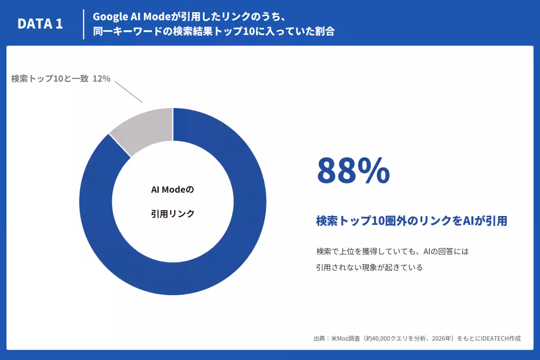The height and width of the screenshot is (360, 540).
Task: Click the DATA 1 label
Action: click(40, 24)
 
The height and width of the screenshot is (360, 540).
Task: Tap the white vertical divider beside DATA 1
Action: click(84, 24)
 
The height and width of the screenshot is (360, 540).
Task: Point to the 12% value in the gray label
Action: click(102, 79)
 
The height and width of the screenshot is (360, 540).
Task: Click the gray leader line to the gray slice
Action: click(129, 92)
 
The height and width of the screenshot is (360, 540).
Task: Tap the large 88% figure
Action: click(353, 171)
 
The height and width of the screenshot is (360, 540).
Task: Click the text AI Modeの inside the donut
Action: click(172, 190)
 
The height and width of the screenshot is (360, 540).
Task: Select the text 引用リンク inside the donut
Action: click(173, 214)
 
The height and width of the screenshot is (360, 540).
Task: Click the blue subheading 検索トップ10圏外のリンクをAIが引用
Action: click(412, 221)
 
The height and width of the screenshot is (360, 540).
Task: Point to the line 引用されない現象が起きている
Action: click(369, 267)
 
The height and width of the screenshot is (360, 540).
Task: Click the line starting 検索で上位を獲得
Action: click(392, 252)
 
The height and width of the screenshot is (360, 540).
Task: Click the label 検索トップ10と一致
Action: click(50, 79)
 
